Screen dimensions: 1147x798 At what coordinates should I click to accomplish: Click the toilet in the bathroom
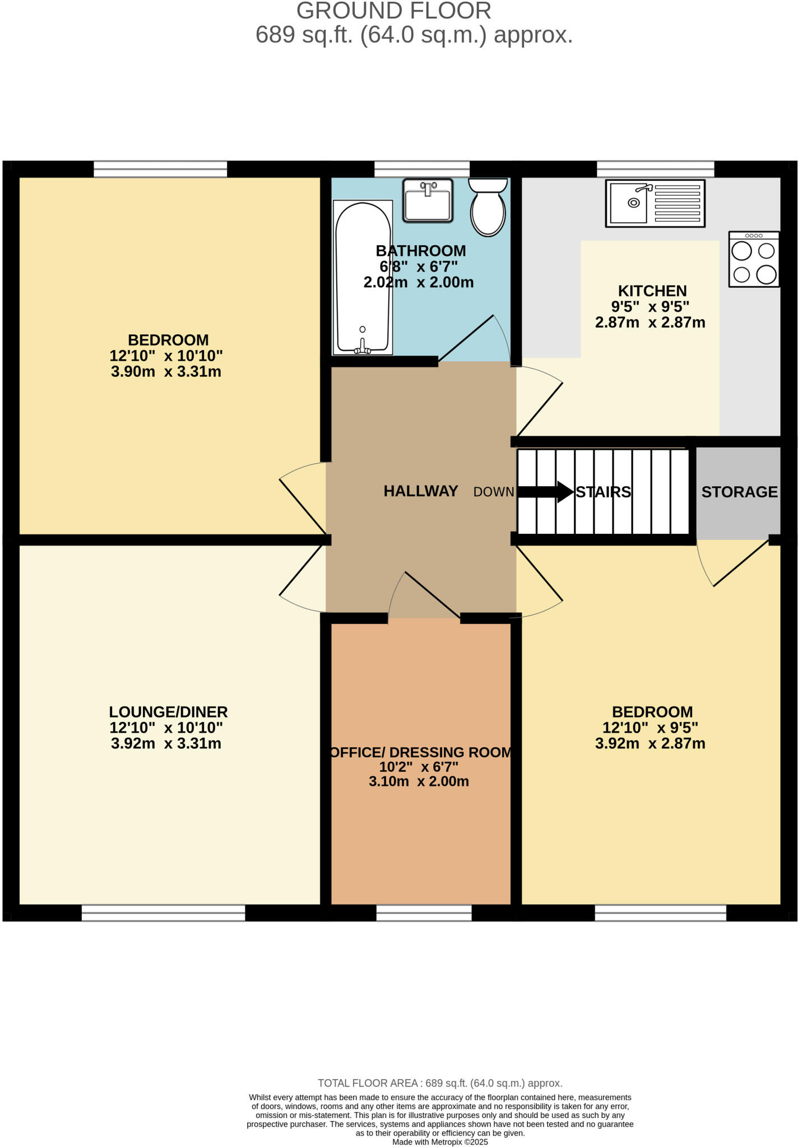tap(488, 208)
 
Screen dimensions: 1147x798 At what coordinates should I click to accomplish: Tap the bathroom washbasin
tap(428, 201)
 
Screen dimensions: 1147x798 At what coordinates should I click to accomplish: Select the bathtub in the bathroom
tap(363, 278)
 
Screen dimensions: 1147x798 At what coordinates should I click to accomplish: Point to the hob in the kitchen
tap(754, 259)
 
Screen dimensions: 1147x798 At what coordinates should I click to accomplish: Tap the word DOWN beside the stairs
tap(494, 492)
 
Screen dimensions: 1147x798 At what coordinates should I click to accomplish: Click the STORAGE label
tap(739, 492)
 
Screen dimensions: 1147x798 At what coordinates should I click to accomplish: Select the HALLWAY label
tap(421, 491)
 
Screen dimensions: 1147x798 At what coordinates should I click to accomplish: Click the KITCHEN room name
tap(652, 291)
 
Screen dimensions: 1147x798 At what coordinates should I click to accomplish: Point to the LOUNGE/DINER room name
tap(168, 712)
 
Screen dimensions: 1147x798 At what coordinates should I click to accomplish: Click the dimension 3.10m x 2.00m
tap(419, 781)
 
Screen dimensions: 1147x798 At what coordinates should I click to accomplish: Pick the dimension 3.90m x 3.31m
tap(166, 372)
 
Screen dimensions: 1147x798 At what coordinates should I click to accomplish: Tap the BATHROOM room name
tap(421, 250)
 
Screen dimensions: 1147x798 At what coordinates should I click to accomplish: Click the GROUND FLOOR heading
tap(393, 11)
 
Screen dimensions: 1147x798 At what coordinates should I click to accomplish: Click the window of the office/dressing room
tap(424, 913)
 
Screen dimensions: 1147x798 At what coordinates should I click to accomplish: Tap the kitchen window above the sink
tap(655, 169)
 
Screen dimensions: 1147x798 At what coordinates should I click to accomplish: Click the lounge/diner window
tap(163, 913)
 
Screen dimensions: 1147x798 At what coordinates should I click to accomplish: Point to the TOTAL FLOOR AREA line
tap(440, 1083)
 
